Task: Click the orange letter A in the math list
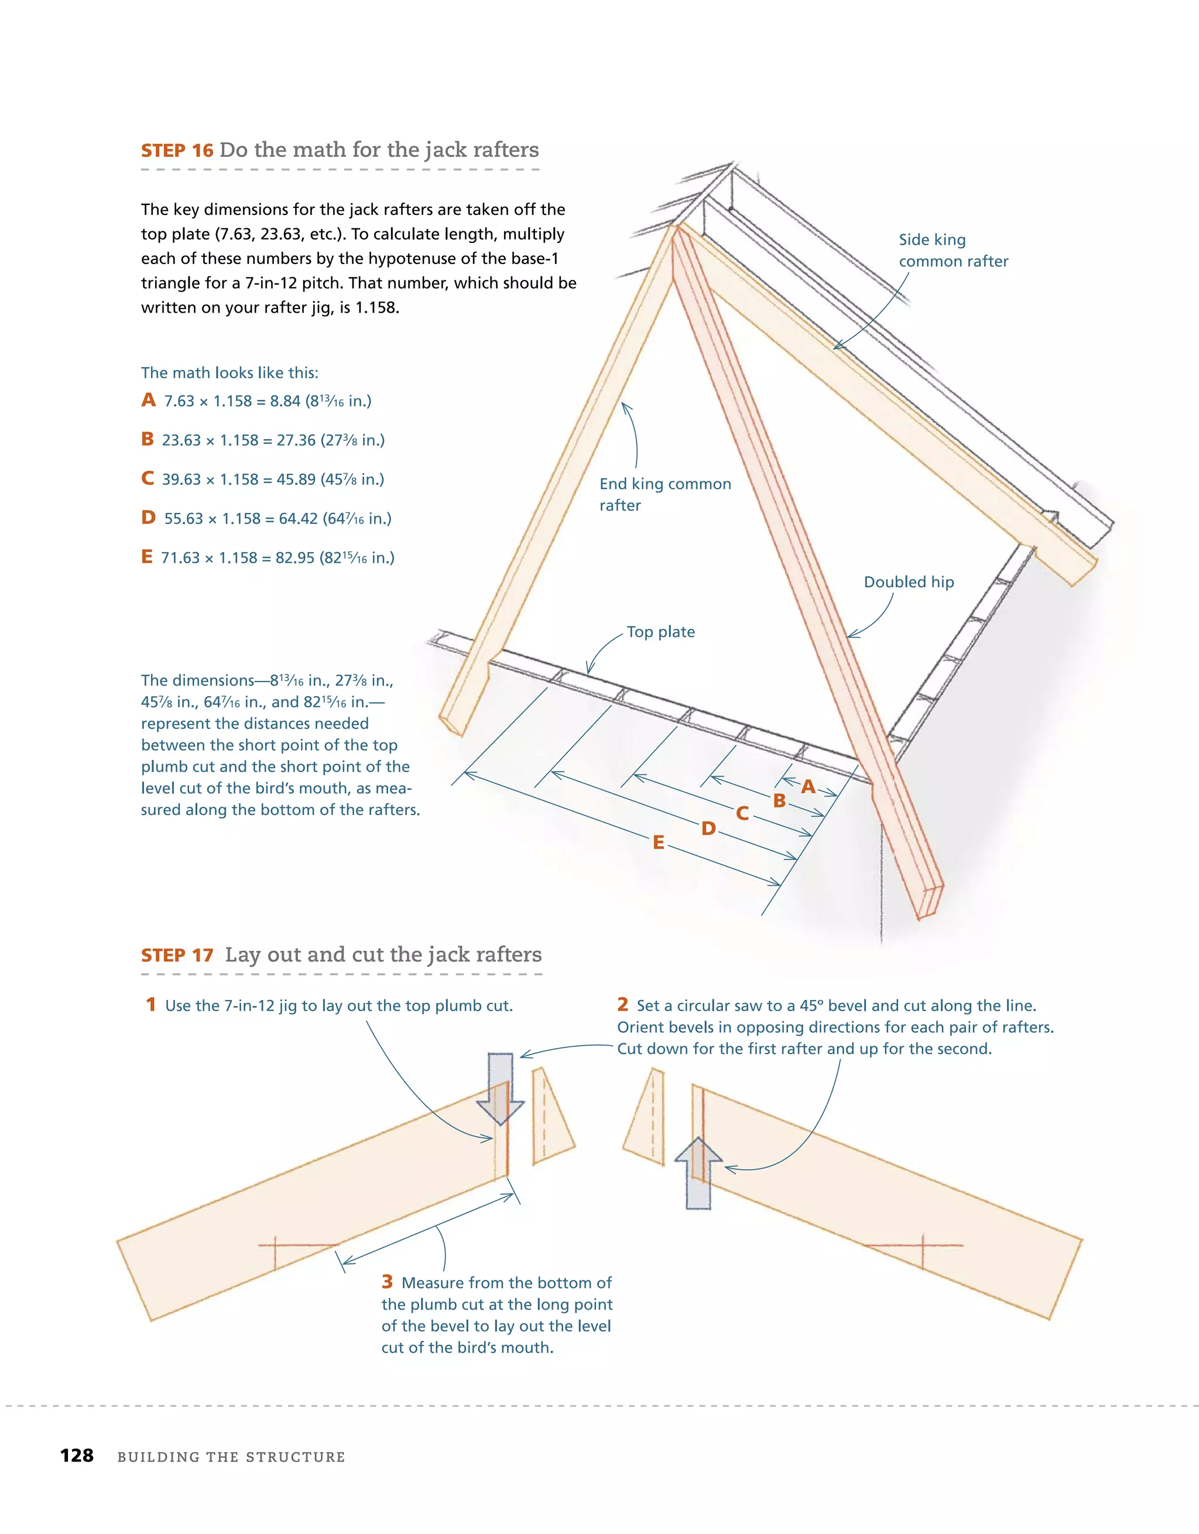tap(148, 400)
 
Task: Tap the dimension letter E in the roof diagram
tap(658, 842)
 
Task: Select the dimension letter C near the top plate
tap(742, 813)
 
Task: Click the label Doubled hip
tap(908, 582)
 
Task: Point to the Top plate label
tap(660, 632)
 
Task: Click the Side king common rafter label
tap(953, 251)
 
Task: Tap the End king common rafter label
tap(664, 495)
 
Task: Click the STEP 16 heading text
tap(177, 151)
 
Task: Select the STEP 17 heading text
tap(177, 956)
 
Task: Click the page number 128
tap(77, 1456)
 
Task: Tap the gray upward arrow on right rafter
tap(698, 1173)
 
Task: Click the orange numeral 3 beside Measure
tap(387, 1282)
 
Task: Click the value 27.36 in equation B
tap(296, 440)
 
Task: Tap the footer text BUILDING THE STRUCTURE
tap(231, 1457)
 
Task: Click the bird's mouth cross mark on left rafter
tap(275, 1245)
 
